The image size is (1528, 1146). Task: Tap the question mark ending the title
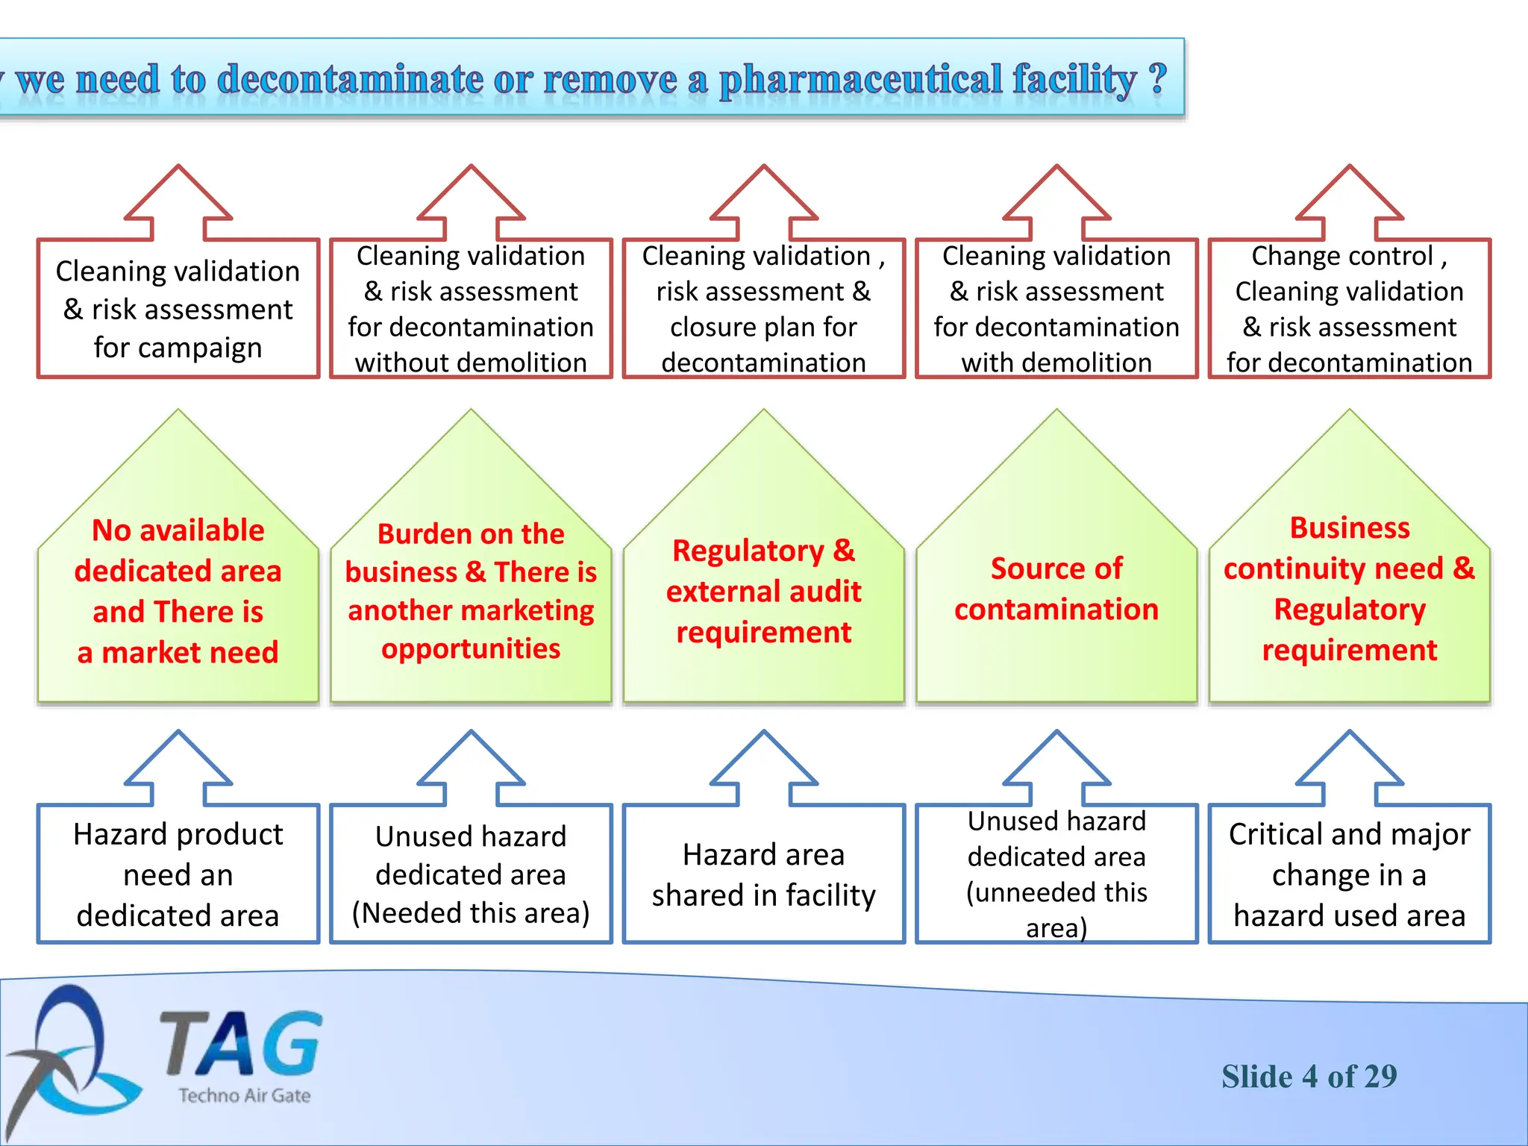tap(1157, 78)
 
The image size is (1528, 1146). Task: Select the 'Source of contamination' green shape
tap(1056, 589)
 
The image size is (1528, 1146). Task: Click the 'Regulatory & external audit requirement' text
tap(763, 591)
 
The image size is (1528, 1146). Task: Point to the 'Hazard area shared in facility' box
tap(763, 874)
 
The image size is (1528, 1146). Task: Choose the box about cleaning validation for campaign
tap(178, 309)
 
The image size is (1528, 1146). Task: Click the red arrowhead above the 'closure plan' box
tap(763, 194)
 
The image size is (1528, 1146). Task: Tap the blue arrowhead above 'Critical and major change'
tap(1349, 760)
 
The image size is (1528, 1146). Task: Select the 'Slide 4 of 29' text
tap(1309, 1076)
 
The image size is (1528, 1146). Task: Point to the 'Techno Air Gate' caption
tap(244, 1095)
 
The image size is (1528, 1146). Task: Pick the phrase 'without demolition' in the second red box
tap(471, 363)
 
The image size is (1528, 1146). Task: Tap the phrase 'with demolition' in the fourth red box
tap(1056, 363)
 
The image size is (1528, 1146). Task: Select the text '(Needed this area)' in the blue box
tap(471, 913)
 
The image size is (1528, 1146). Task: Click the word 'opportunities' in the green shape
tap(471, 649)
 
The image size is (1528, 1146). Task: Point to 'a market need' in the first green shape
tap(178, 653)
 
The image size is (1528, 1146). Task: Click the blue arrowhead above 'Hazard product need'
tap(178, 760)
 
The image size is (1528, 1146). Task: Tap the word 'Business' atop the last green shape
tap(1349, 527)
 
